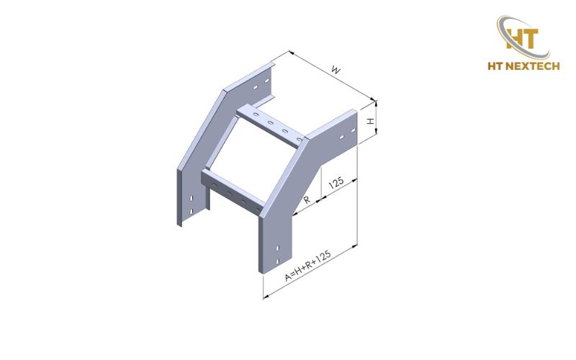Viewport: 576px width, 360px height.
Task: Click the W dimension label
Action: click(x=336, y=69)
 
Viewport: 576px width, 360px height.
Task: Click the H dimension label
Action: click(x=370, y=121)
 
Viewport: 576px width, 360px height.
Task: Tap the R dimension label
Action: click(x=307, y=200)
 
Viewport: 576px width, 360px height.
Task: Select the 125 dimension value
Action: click(x=336, y=183)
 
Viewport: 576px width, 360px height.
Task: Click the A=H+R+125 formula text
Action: click(x=308, y=266)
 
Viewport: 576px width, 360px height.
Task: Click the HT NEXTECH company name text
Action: click(x=523, y=66)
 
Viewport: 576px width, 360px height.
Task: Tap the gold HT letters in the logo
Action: click(x=522, y=38)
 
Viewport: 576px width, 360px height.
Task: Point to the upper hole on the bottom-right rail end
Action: click(x=278, y=248)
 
